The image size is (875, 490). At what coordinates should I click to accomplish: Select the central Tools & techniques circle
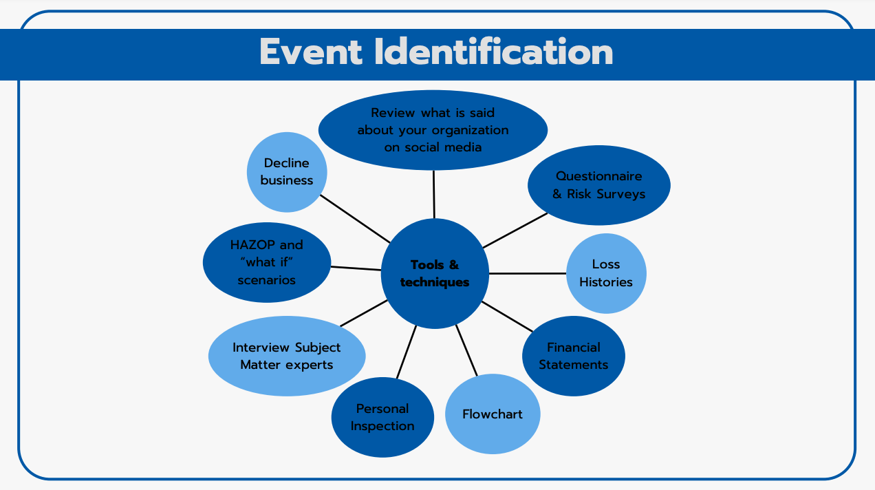[x=435, y=273]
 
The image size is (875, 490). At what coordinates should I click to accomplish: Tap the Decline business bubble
[x=287, y=172]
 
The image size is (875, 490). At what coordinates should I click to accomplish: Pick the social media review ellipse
[x=433, y=130]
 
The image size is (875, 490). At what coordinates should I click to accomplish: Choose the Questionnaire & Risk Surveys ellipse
[x=598, y=185]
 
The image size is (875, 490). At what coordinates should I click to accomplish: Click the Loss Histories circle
[x=605, y=273]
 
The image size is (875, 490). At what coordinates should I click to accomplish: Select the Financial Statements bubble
[x=573, y=356]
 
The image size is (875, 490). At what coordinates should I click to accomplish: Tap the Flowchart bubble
[x=493, y=414]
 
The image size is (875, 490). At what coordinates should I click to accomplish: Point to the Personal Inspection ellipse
[x=382, y=417]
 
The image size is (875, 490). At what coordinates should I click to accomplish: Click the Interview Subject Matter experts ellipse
[x=287, y=356]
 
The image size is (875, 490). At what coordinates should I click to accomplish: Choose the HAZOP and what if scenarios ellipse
[x=267, y=262]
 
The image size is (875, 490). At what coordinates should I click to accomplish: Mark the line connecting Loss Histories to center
[x=528, y=273]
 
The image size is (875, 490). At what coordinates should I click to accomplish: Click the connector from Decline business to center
[x=355, y=218]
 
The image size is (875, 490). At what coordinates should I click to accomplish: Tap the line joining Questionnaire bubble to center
[x=515, y=230]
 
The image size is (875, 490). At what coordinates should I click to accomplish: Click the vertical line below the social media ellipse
[x=434, y=194]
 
